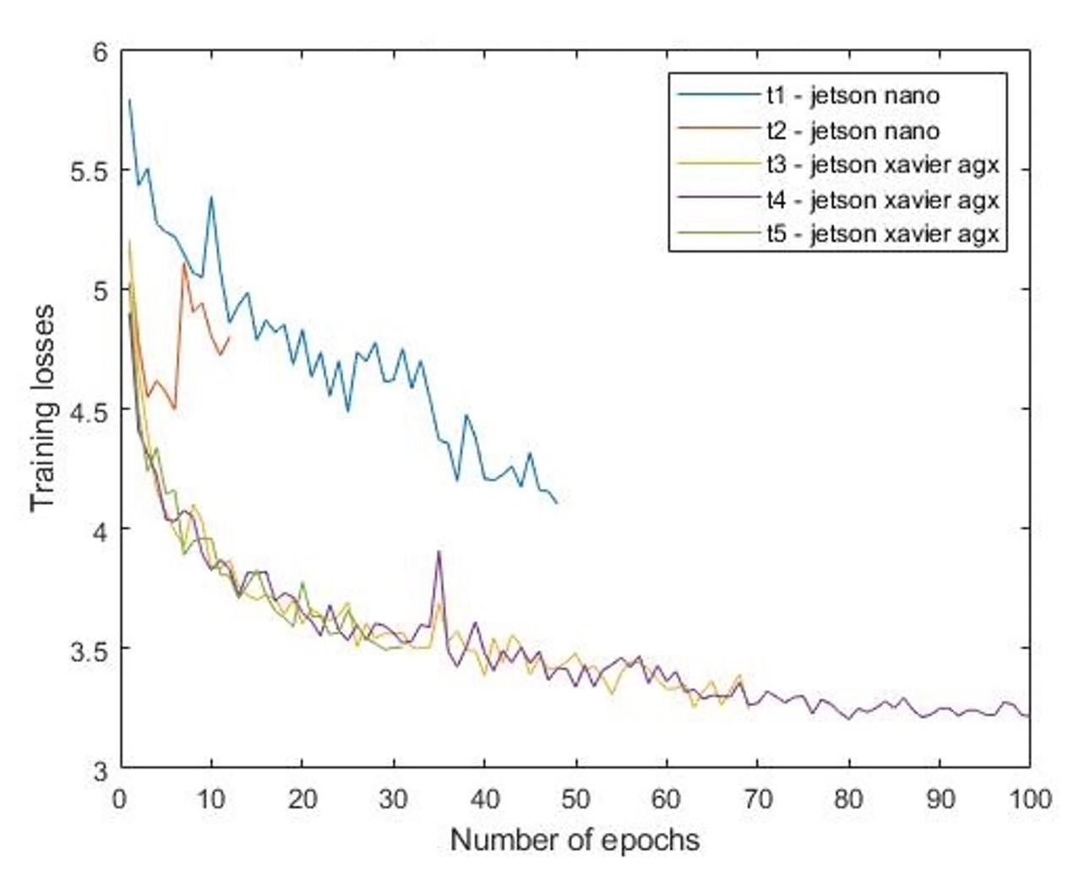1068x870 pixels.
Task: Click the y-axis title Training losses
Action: click(x=43, y=408)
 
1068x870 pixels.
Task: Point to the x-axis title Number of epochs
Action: click(x=575, y=840)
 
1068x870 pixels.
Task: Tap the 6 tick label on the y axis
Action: click(x=101, y=52)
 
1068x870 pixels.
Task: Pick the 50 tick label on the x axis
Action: click(x=575, y=798)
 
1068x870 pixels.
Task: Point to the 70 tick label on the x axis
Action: click(x=757, y=798)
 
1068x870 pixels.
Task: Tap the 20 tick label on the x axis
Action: click(x=302, y=798)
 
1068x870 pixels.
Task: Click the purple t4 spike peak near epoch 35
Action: click(x=439, y=552)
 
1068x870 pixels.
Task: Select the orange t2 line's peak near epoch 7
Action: click(x=184, y=264)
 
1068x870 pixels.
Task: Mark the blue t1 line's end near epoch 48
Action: click(x=557, y=503)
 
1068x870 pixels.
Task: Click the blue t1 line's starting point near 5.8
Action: click(x=129, y=100)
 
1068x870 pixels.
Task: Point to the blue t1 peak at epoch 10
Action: click(x=211, y=197)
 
